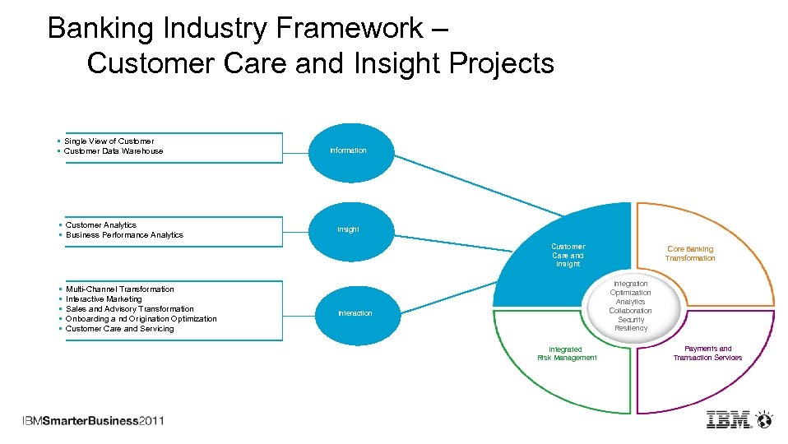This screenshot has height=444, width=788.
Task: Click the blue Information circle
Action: coord(348,150)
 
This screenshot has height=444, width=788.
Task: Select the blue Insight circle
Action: coord(348,229)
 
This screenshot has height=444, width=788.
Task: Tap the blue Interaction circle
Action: coord(355,313)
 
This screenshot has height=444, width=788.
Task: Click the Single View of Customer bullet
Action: coord(109,141)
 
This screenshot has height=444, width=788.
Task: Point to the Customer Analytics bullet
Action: coord(100,225)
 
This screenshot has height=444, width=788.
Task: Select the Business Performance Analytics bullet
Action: coord(124,235)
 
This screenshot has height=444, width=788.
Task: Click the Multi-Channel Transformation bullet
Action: coord(119,289)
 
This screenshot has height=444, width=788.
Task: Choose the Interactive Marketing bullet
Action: coord(104,299)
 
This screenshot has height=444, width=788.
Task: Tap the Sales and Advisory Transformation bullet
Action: coord(129,309)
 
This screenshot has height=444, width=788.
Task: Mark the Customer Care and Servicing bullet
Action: coord(119,329)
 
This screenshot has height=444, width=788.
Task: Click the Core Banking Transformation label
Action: coord(690,253)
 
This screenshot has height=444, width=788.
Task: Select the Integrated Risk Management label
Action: coord(567,354)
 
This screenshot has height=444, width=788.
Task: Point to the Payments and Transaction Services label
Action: coord(707,353)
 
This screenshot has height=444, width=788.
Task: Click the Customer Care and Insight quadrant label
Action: coord(568,255)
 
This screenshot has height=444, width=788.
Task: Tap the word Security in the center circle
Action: coord(631,320)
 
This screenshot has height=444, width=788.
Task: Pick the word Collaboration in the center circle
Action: coord(630,311)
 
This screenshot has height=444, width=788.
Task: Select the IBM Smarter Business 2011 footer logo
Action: coord(93,421)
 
